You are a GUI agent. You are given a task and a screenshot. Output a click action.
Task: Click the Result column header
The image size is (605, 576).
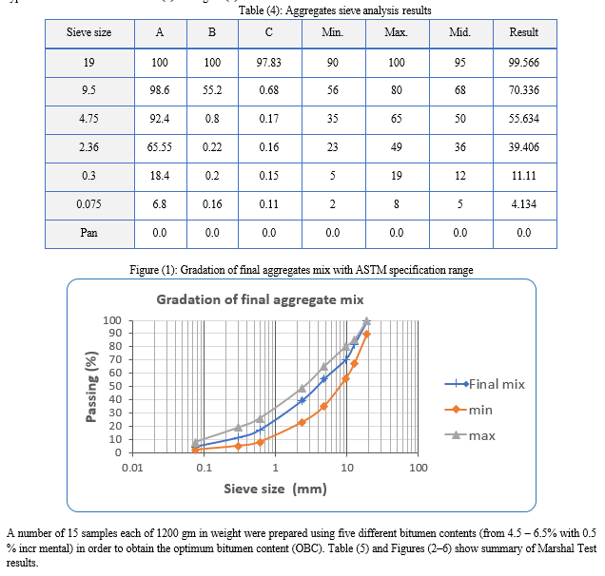click(524, 32)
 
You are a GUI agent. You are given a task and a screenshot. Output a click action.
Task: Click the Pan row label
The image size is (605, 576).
click(88, 230)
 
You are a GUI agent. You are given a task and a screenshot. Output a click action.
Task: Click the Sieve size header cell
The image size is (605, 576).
click(88, 32)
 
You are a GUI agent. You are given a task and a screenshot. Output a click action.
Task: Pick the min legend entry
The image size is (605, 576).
click(480, 410)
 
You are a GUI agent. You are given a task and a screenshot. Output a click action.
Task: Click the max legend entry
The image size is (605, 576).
click(481, 435)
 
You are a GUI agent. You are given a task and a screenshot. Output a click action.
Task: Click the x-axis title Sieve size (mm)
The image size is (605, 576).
click(275, 490)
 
